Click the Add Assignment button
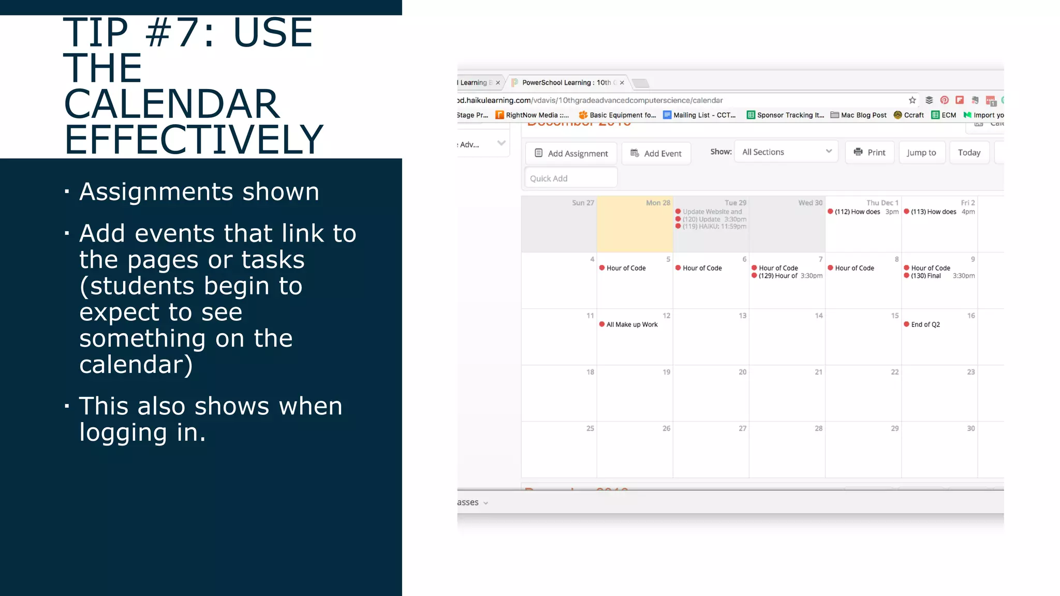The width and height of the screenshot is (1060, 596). tap(571, 153)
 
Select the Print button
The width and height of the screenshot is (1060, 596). tap(870, 153)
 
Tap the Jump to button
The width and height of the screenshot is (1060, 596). tap(921, 153)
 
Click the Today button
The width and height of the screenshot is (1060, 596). tap(969, 153)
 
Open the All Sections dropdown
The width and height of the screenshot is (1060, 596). tap(786, 152)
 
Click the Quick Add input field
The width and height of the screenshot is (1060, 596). tap(571, 178)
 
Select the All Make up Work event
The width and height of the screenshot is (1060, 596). tap(631, 325)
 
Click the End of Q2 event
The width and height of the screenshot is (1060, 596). tap(925, 325)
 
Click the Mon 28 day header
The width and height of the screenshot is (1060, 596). tap(657, 203)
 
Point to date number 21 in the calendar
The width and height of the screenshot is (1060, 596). tap(818, 372)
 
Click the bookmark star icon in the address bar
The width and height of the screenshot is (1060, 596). tap(912, 100)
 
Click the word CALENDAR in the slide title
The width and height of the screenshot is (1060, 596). tap(172, 104)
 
